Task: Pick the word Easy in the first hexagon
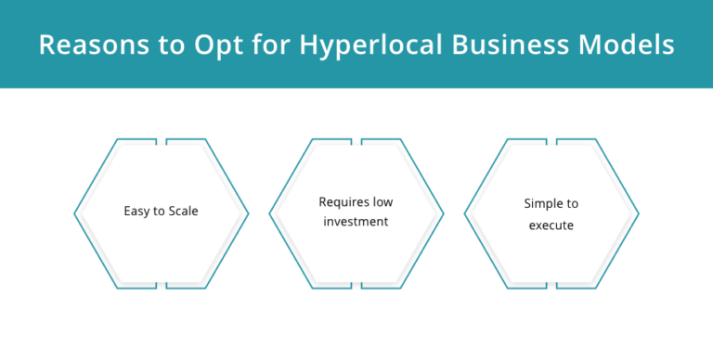pos(137,211)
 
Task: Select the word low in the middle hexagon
pos(383,201)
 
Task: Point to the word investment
pos(356,222)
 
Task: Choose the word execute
pos(551,224)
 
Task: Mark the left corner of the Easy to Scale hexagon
pos(75,214)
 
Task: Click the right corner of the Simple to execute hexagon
pos(638,214)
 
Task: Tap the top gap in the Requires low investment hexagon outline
pos(356,141)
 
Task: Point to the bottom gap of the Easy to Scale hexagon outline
pos(162,287)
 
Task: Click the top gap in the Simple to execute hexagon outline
pos(551,141)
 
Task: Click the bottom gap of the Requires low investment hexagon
pos(356,287)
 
